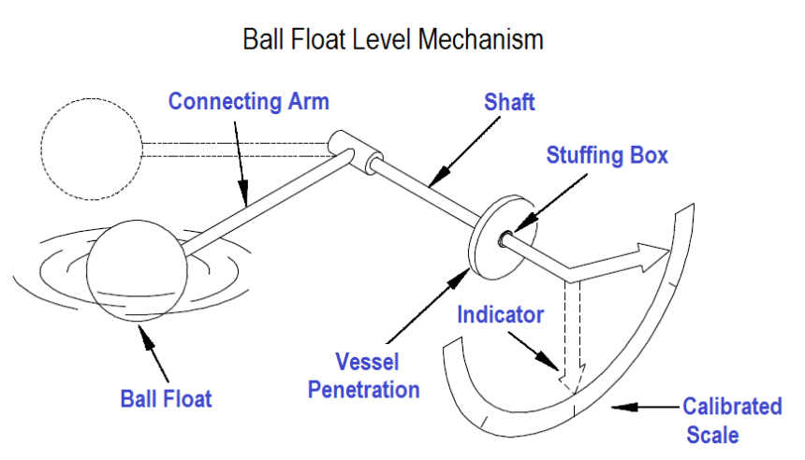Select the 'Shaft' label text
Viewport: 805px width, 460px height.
coord(509,101)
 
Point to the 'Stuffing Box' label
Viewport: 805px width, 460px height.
coord(607,154)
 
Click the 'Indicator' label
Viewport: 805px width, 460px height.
coord(500,314)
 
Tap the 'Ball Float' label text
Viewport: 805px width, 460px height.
coord(167,398)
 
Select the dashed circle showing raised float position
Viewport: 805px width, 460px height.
coord(91,150)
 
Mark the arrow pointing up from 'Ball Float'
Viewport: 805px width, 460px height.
coord(149,346)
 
